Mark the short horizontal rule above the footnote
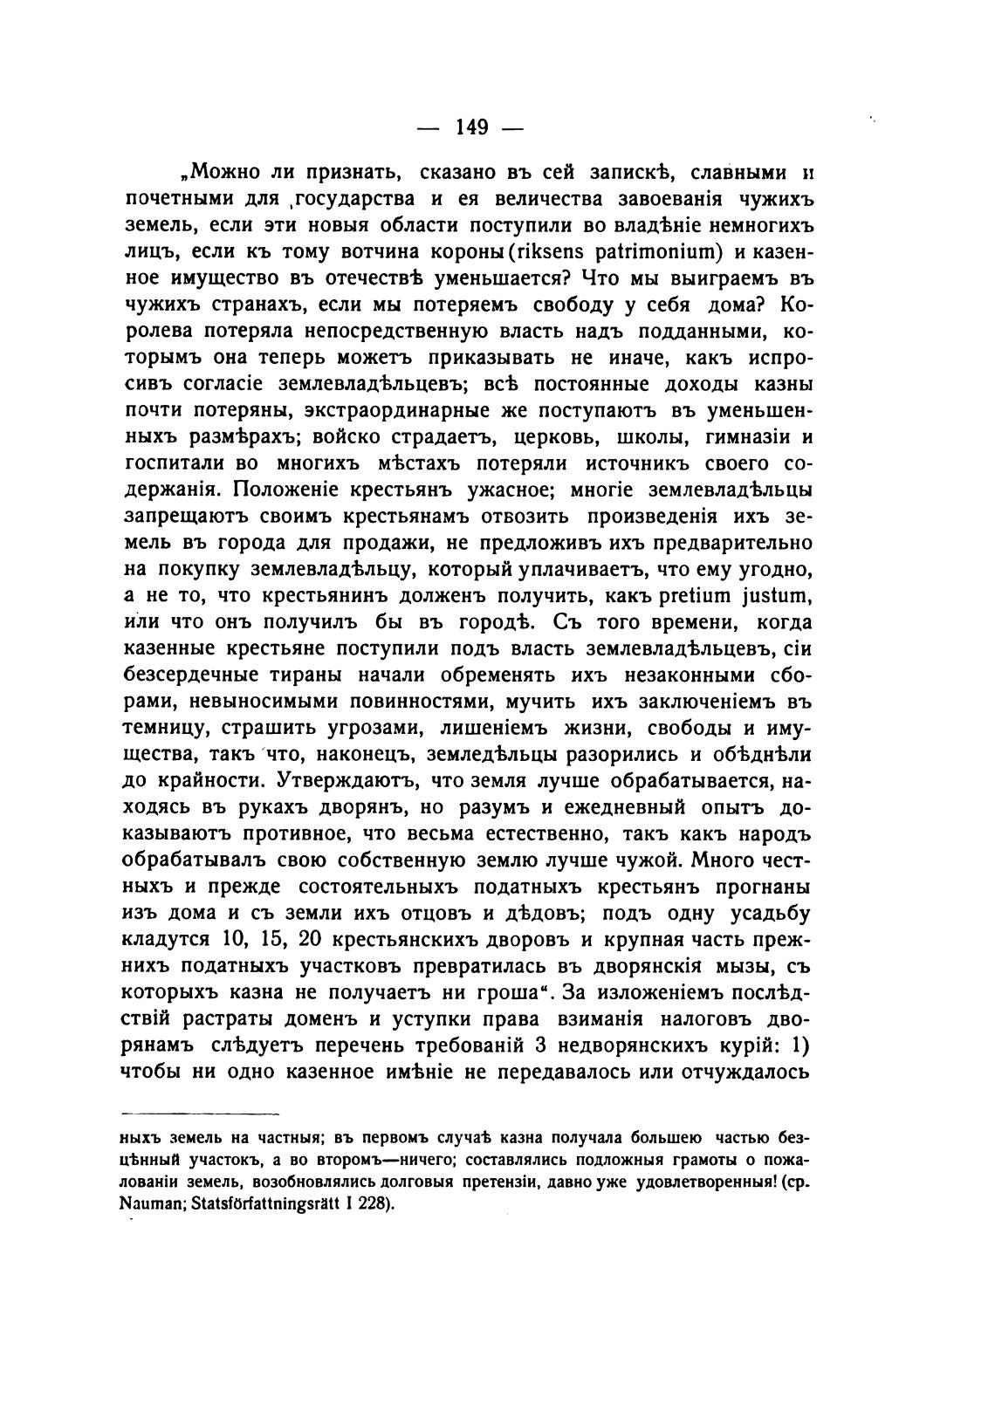coord(200,1114)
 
